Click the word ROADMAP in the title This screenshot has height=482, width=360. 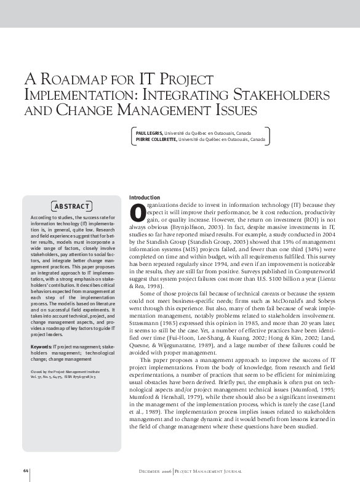[x=74, y=81]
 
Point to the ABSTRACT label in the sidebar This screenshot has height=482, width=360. [x=73, y=205]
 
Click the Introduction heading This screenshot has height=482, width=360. [x=145, y=197]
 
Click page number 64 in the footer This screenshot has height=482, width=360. [x=26, y=470]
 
